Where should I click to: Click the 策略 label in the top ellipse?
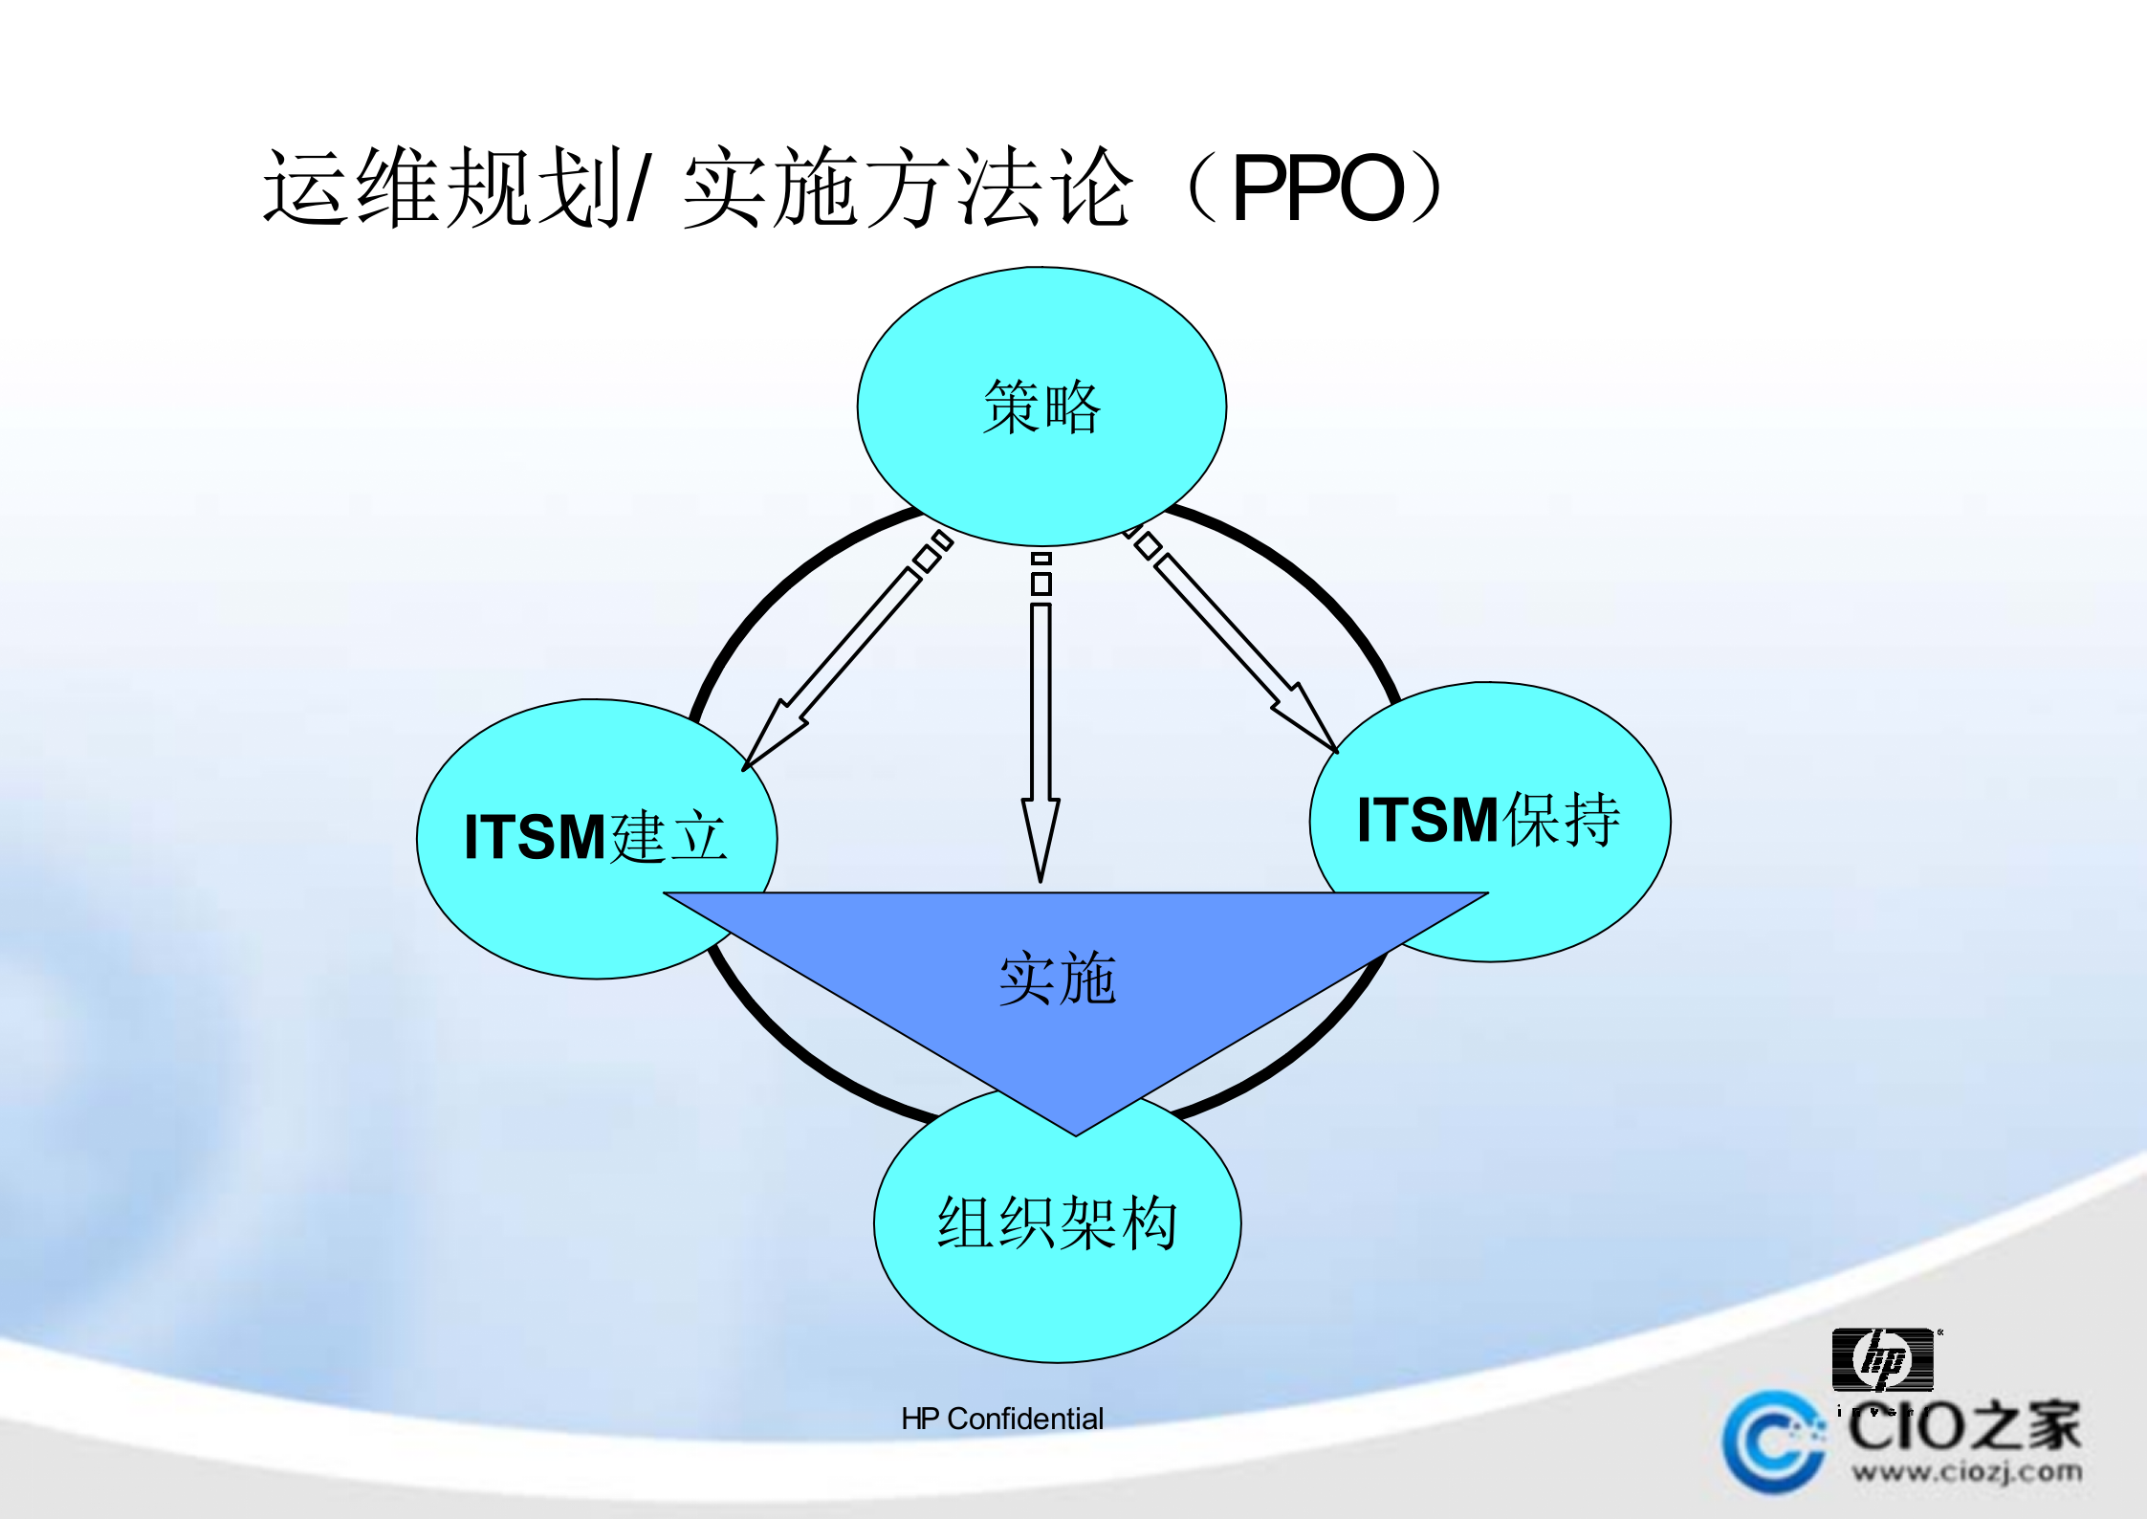tap(1041, 407)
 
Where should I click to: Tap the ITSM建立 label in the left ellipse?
tap(595, 837)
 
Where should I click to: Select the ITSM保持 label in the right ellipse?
tap(1488, 820)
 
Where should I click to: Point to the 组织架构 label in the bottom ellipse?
tap(1057, 1222)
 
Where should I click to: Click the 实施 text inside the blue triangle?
tap(1057, 979)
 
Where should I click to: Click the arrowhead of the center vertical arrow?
tap(1041, 837)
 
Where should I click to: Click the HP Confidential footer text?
tap(1001, 1419)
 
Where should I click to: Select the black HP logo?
tap(1882, 1359)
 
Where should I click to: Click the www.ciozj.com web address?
tap(1966, 1472)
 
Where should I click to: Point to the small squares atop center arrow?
tap(1041, 574)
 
